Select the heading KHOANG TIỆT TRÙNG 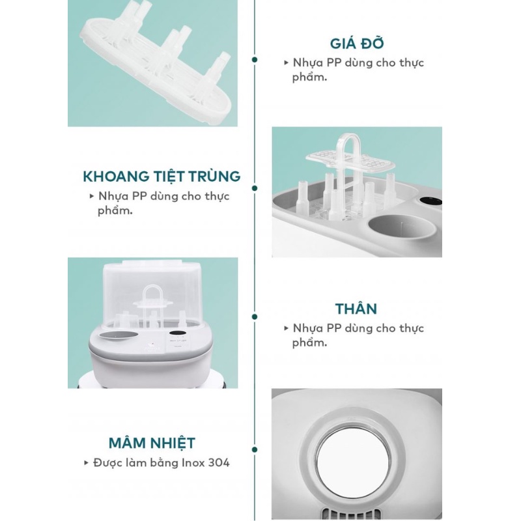(162, 176)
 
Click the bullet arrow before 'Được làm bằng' (86, 463)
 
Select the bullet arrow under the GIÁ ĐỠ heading (286, 63)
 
